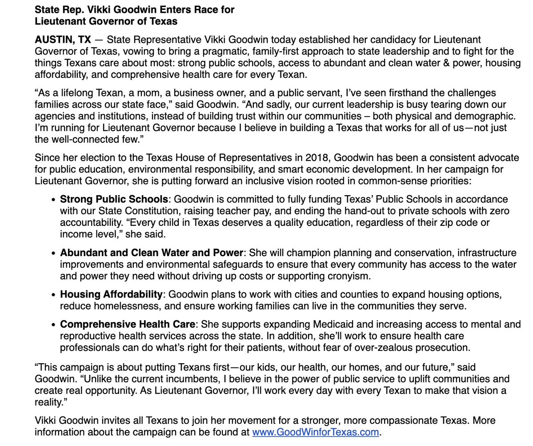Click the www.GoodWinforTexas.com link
pos(315,432)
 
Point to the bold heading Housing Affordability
pos(111,294)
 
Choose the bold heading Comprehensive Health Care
pos(128,325)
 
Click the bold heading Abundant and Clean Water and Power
pos(152,253)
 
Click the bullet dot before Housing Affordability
pos(54,295)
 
